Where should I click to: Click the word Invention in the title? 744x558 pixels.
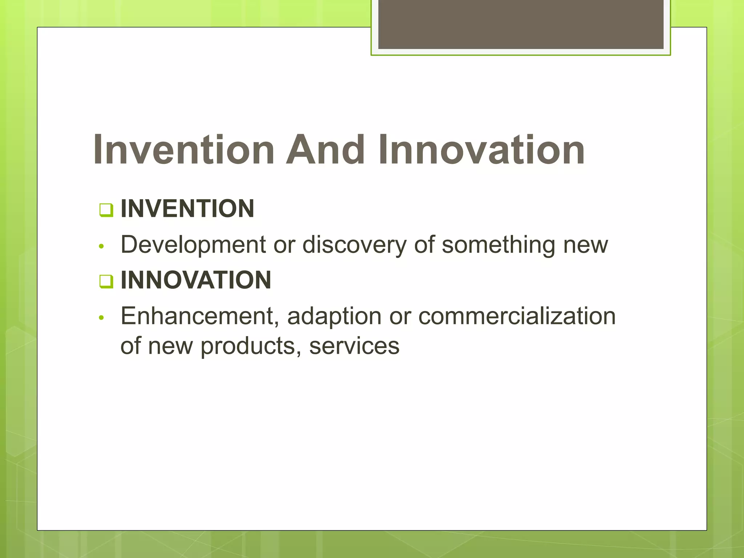click(183, 150)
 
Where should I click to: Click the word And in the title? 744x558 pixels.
click(325, 150)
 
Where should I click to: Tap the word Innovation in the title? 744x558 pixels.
click(481, 150)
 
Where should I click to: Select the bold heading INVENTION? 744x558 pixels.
click(187, 209)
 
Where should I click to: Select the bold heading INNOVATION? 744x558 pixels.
click(195, 280)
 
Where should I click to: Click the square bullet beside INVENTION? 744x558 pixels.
click(106, 210)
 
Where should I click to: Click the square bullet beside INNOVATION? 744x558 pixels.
click(106, 281)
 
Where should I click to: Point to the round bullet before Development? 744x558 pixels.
click(102, 246)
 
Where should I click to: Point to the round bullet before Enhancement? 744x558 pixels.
click(102, 318)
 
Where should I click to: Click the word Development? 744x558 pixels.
click(193, 245)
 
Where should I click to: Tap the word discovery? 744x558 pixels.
click(354, 245)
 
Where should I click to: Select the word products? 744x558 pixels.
click(248, 346)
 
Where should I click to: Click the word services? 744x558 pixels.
click(354, 346)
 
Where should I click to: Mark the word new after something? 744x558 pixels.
click(585, 245)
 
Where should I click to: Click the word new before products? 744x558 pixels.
click(170, 346)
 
